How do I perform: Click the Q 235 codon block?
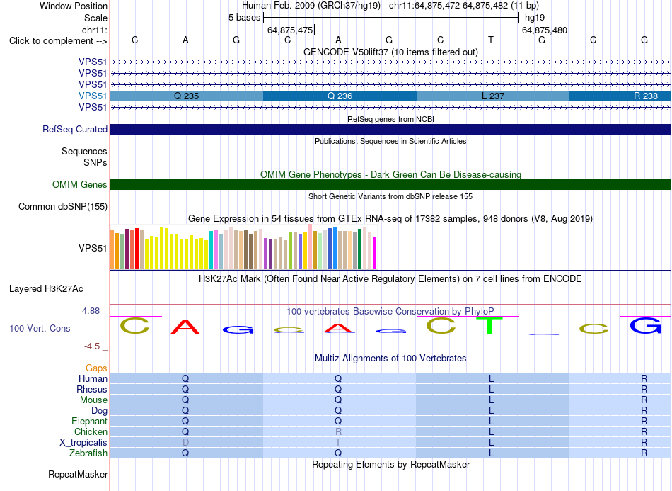[x=187, y=96]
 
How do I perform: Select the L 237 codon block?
[x=493, y=96]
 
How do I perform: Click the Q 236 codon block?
[x=340, y=96]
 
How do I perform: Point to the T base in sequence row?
[x=491, y=40]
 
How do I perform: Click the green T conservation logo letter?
[x=489, y=326]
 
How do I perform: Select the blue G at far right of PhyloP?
[x=645, y=326]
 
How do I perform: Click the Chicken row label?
[x=91, y=431]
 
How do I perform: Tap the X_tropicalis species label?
[x=83, y=443]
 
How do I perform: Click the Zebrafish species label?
[x=88, y=453]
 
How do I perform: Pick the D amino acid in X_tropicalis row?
[x=185, y=443]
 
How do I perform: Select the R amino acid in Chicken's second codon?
[x=338, y=431]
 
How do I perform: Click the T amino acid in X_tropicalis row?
[x=338, y=443]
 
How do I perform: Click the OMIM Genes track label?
[x=80, y=184]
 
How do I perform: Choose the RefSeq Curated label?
[x=75, y=129]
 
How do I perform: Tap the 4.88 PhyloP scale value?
[x=91, y=311]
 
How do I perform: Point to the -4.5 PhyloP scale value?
[x=92, y=346]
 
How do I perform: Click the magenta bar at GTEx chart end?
[x=375, y=253]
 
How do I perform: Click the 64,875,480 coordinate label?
[x=544, y=30]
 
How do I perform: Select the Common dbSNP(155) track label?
[x=63, y=206]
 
